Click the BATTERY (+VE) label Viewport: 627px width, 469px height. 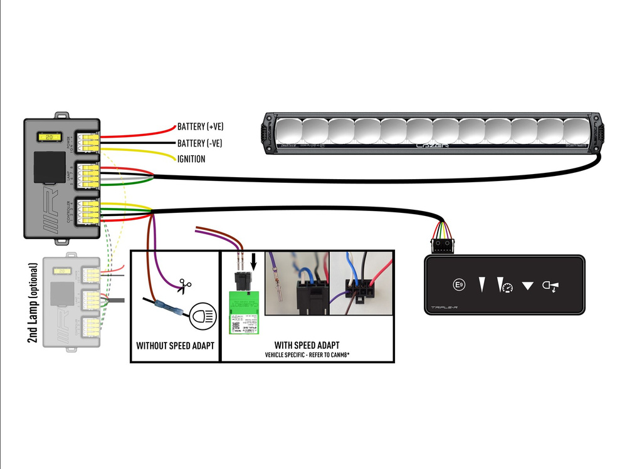pos(200,126)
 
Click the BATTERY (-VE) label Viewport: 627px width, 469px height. pos(199,143)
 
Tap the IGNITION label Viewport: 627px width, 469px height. pos(191,159)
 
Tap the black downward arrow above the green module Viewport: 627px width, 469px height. pos(254,262)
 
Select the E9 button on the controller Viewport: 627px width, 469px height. pos(459,286)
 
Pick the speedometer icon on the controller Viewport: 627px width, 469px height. pos(503,286)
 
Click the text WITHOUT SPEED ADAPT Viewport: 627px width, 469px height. pos(174,346)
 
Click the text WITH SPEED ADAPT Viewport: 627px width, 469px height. pos(307,345)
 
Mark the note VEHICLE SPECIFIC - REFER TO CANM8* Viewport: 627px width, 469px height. pos(307,355)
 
